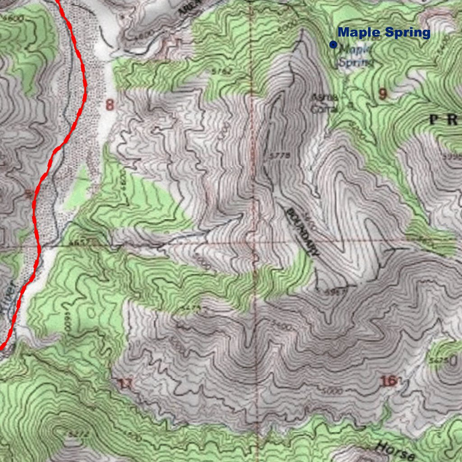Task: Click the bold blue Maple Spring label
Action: (384, 32)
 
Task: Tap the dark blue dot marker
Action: (333, 44)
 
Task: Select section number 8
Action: (110, 105)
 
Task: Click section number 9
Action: (383, 94)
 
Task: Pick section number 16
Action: (388, 381)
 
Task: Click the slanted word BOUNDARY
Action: (302, 231)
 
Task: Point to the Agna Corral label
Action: (320, 103)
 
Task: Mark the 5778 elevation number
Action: (278, 156)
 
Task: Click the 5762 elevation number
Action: (221, 71)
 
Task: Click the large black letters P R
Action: (445, 120)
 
